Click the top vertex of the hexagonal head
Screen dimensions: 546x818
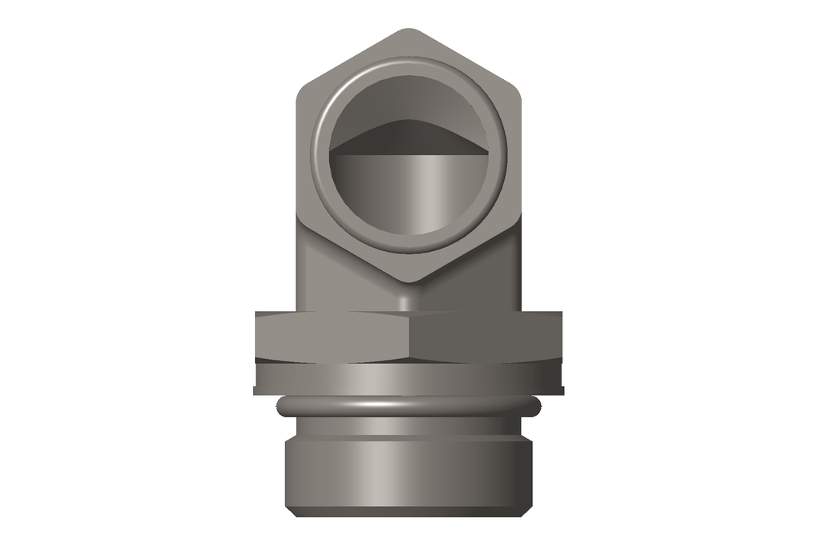[x=409, y=31]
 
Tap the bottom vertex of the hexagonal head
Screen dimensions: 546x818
[x=409, y=281]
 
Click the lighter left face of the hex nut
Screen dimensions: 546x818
[x=332, y=336]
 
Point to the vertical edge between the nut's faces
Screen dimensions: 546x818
[x=409, y=337]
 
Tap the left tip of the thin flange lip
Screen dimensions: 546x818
[x=256, y=391]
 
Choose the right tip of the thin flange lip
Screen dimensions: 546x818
[x=562, y=391]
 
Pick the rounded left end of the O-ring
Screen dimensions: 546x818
[x=280, y=408]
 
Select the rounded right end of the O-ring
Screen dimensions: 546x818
[x=538, y=408]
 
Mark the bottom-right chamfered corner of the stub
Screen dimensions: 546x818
[x=529, y=510]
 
